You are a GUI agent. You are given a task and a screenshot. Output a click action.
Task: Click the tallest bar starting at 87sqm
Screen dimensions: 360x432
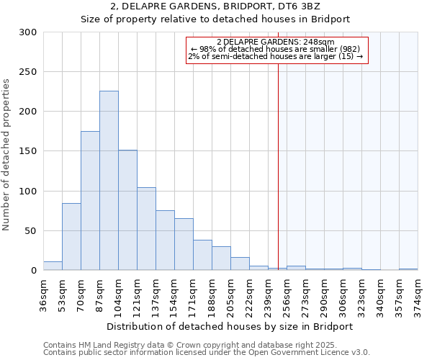pyautogui.click(x=109, y=181)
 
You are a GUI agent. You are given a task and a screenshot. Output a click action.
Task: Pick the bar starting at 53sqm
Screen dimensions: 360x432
pyautogui.click(x=71, y=237)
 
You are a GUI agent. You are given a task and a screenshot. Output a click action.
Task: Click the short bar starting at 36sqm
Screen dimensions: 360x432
pyautogui.click(x=53, y=266)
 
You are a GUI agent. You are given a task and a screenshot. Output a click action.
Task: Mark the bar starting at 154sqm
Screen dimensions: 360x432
pyautogui.click(x=184, y=244)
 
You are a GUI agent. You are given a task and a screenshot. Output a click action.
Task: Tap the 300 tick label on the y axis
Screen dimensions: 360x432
pyautogui.click(x=28, y=32)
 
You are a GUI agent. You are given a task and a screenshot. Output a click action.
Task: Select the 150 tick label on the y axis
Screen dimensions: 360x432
pyautogui.click(x=28, y=151)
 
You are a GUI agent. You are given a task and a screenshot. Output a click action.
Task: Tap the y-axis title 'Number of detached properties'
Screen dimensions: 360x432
pyautogui.click(x=6, y=155)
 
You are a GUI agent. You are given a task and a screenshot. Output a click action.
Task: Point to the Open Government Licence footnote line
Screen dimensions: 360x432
pyautogui.click(x=207, y=353)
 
